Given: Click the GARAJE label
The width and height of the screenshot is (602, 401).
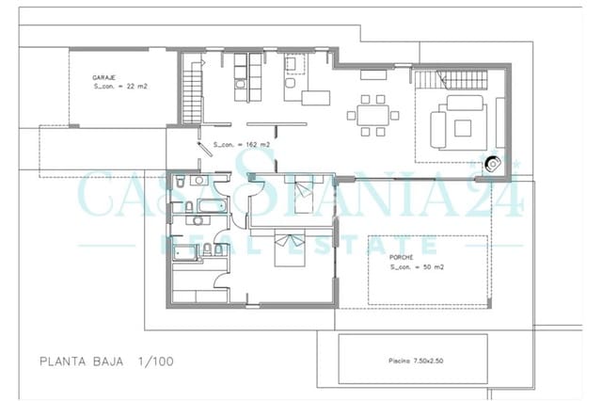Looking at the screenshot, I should pos(103,75).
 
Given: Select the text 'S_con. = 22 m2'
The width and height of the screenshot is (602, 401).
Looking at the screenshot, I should pos(120,86).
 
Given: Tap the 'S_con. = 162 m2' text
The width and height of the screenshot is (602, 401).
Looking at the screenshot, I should pos(242,144).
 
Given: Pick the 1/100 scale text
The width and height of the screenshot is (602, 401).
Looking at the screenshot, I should pos(154,361).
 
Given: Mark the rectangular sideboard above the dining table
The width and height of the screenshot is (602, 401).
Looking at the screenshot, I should pos(315,96).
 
